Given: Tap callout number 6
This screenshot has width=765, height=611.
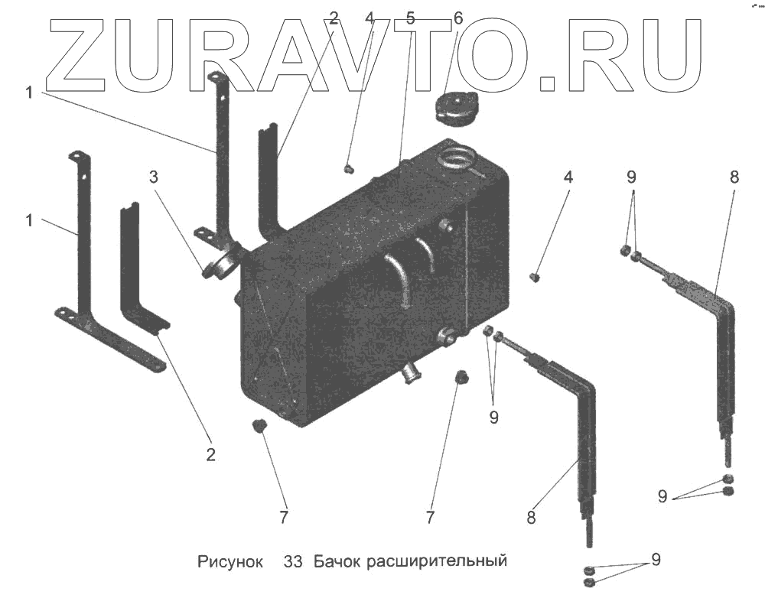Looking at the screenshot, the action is pyautogui.click(x=458, y=18).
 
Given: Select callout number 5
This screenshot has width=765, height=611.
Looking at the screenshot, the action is pyautogui.click(x=411, y=18).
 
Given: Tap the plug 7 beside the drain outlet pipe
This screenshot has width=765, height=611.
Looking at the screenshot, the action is pyautogui.click(x=461, y=377).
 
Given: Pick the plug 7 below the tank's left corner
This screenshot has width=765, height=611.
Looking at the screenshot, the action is pyautogui.click(x=260, y=425).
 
